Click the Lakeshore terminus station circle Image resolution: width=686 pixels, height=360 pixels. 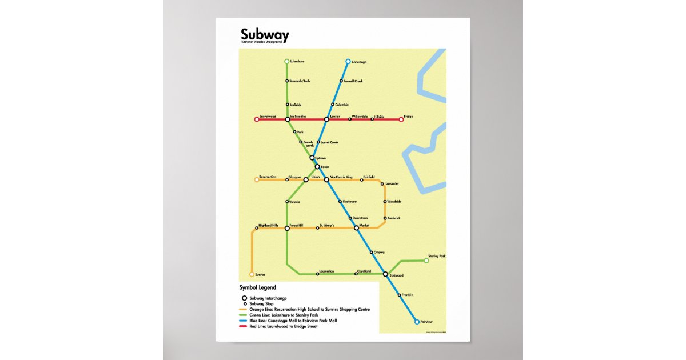287,61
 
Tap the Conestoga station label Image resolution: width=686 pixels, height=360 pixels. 358,61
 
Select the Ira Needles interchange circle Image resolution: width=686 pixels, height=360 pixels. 288,119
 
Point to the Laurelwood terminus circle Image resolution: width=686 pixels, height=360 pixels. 257,119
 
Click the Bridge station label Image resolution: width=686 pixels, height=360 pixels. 408,117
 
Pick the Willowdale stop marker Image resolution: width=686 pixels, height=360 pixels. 349,119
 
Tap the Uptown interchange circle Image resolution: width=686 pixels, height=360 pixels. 312,158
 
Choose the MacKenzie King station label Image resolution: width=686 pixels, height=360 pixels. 341,177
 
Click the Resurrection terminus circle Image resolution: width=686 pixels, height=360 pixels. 257,179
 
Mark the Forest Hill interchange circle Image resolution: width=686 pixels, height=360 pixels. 288,229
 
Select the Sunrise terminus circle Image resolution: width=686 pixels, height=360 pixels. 252,275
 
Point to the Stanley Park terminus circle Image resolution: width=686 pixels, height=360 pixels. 426,261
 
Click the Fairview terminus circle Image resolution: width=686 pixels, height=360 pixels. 417,322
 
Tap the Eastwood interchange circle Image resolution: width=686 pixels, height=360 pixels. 386,274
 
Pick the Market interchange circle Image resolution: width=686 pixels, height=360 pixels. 356,228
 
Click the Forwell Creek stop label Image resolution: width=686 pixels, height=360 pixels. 353,81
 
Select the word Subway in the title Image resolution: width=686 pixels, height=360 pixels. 264,35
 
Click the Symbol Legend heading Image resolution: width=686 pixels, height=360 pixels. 257,287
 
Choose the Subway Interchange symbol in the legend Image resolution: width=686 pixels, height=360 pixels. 245,298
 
